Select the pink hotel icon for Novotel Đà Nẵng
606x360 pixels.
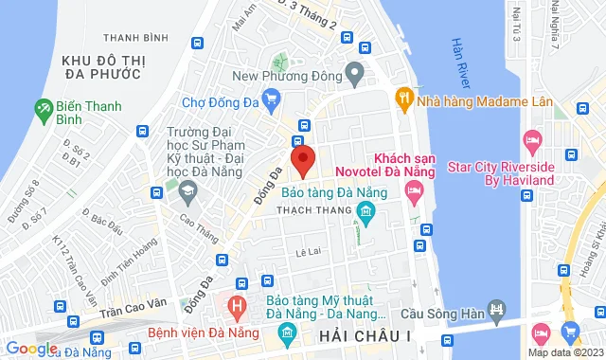pos(413,193)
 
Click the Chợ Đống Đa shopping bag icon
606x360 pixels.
pos(273,97)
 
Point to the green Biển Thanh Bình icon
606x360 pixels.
pos(44,110)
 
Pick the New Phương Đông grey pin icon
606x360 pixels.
pos(354,73)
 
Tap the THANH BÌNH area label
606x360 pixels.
pos(132,38)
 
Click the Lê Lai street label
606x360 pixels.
pos(310,252)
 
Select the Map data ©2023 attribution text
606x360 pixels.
pos(565,352)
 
